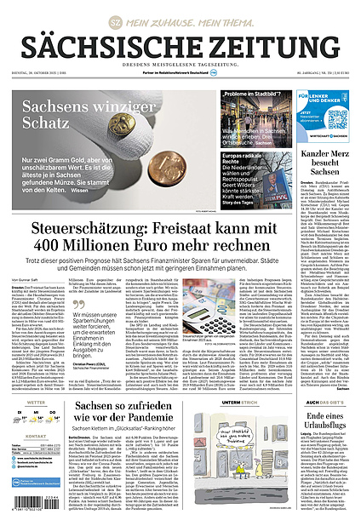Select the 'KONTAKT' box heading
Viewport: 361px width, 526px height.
click(x=37, y=435)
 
